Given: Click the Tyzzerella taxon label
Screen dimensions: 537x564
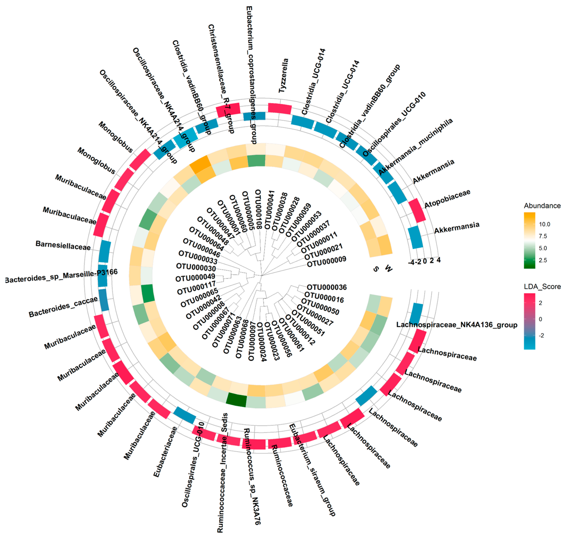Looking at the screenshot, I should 283,76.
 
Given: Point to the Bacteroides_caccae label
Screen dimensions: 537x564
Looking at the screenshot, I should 63,307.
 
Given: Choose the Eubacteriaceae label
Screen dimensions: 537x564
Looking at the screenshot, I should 165,451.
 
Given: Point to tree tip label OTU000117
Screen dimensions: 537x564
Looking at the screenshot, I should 196,288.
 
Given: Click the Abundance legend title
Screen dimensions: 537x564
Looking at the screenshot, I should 542,205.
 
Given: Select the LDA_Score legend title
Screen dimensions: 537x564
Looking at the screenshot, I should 542,286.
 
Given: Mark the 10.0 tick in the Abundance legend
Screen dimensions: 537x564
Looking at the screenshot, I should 544,224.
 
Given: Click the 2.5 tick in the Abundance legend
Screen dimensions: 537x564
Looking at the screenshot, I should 542,260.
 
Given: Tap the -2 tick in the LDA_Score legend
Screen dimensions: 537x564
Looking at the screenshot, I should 541,335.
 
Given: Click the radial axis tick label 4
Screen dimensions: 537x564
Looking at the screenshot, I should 438,260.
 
